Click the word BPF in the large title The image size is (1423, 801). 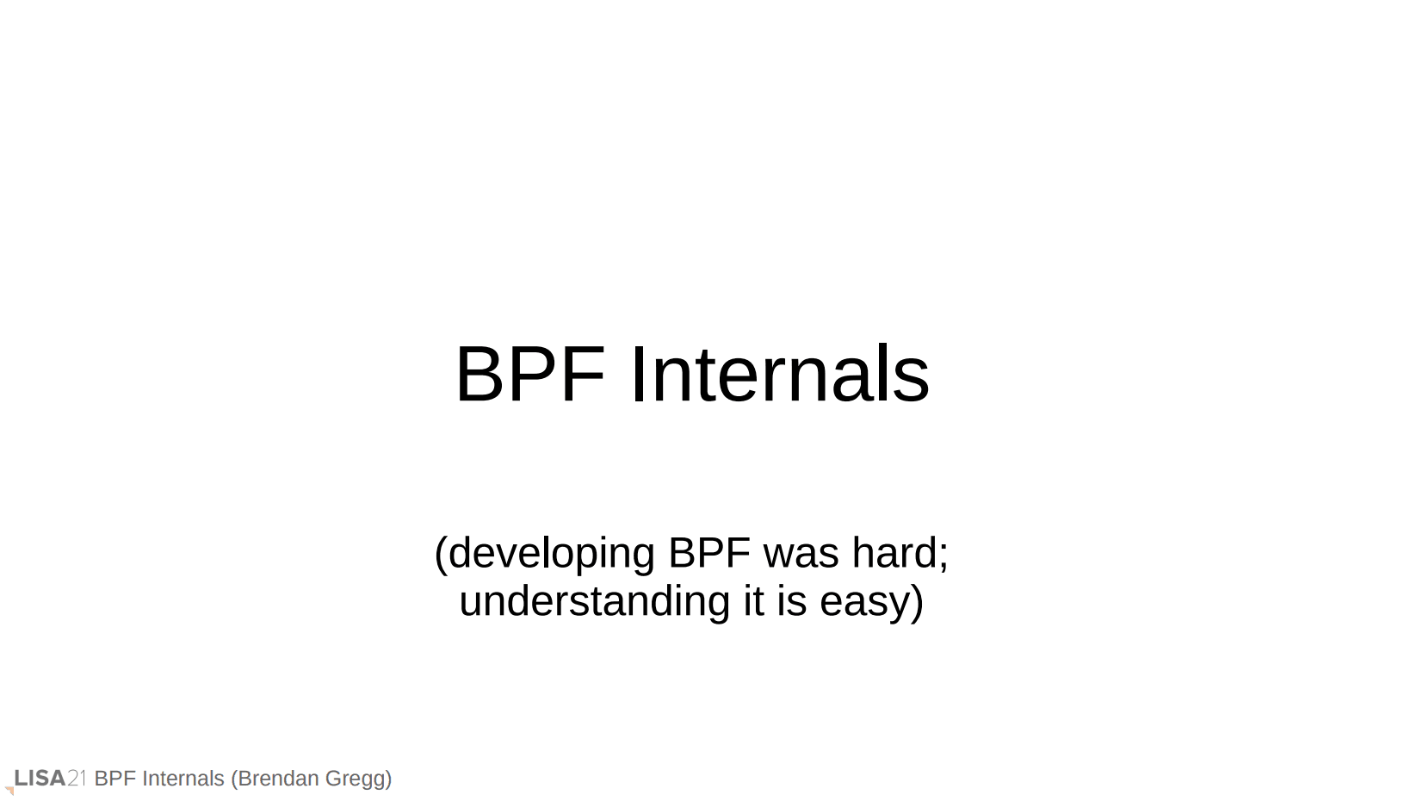tap(530, 374)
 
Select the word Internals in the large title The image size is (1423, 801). tap(780, 374)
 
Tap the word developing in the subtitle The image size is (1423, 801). tap(552, 554)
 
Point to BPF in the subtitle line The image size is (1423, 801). tap(709, 552)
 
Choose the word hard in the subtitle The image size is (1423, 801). tap(894, 552)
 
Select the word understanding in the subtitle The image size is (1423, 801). tap(595, 601)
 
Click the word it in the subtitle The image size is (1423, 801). tap(753, 601)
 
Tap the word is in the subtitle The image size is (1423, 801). tap(791, 601)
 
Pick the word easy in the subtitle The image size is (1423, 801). tap(865, 605)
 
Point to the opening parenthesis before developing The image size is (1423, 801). tap(442, 555)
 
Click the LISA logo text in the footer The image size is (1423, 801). tap(40, 778)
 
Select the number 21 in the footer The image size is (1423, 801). tap(77, 778)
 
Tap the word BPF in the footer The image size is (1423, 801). tap(115, 778)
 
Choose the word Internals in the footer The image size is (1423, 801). tap(183, 778)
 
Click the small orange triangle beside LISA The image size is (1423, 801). tap(9, 791)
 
